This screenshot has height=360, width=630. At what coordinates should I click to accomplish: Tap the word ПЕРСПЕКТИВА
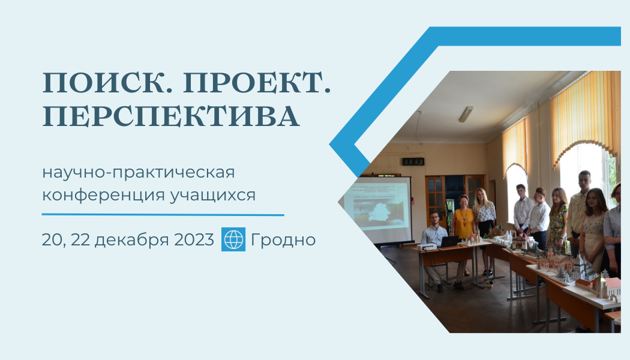[x=171, y=116]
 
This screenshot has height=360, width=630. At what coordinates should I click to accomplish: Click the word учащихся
[x=212, y=195]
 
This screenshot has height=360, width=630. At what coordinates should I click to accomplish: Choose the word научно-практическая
[x=139, y=173]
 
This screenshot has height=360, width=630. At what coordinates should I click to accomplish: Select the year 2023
[x=194, y=240]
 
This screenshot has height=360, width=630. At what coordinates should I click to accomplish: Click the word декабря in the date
[x=132, y=240]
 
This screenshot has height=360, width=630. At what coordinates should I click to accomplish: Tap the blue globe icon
[x=233, y=239]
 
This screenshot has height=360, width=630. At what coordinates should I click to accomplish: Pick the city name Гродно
[x=283, y=240]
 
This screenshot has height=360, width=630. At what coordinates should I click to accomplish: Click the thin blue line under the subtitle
[x=163, y=215]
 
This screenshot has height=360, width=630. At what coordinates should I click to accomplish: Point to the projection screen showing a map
[x=380, y=208]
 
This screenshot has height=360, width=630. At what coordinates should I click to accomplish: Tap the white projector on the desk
[x=427, y=246]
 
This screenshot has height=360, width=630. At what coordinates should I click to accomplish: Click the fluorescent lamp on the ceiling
[x=466, y=114]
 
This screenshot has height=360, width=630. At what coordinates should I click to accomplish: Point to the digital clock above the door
[x=413, y=161]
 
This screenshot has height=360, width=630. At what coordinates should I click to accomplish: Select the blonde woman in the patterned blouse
[x=485, y=225]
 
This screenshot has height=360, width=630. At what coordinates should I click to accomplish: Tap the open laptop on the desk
[x=450, y=242]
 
